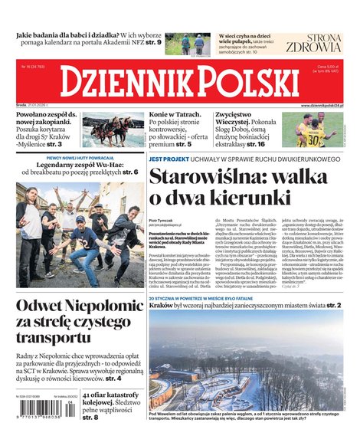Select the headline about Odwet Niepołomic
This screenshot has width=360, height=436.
pos(76,321)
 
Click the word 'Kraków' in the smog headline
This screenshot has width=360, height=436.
pos(163,305)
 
